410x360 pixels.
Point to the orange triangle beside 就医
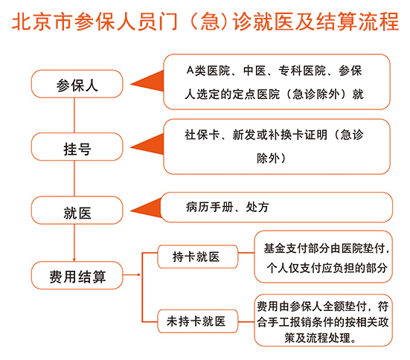(147, 208)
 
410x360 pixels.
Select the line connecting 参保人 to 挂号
(74, 115)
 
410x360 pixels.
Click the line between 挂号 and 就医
(74, 179)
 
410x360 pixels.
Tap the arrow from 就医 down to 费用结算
(74, 242)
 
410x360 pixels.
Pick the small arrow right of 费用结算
(132, 274)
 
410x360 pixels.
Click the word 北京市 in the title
(42, 22)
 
